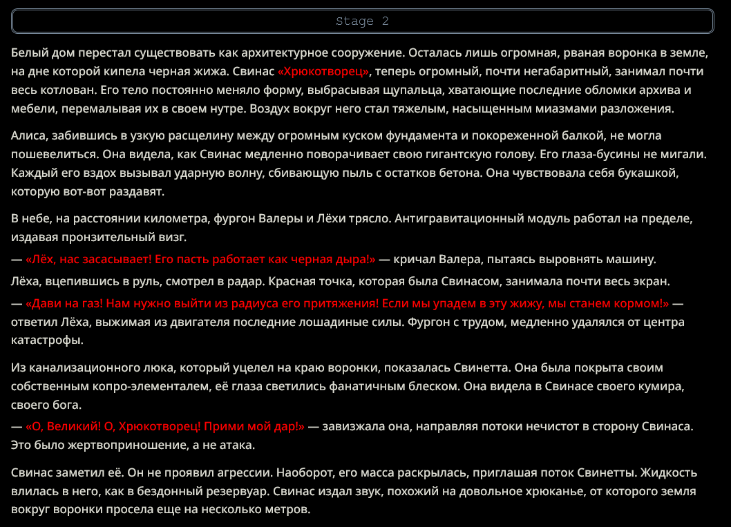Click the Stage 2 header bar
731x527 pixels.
coord(363,21)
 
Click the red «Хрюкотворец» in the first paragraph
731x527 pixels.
coord(324,71)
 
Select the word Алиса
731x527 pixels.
coord(28,136)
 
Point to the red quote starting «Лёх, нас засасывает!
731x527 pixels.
coord(200,260)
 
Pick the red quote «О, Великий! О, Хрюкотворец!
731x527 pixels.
coord(165,426)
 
